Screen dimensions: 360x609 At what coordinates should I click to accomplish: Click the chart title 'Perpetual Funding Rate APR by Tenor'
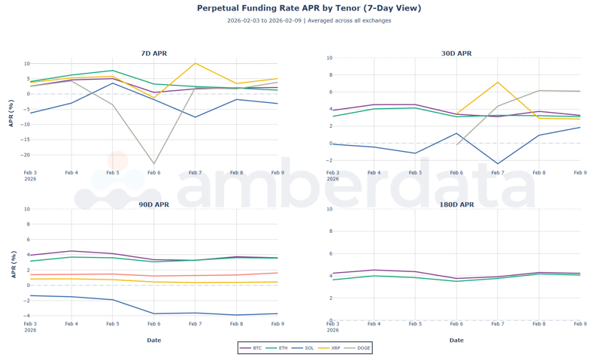click(308, 8)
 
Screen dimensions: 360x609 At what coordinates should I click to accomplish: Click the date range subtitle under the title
click(308, 21)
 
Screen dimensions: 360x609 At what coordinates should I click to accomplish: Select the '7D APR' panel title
click(154, 53)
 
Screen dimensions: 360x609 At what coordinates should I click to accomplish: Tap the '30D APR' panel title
click(456, 53)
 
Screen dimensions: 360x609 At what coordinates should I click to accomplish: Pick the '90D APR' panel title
click(154, 204)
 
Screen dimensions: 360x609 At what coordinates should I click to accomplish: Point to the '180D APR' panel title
click(456, 204)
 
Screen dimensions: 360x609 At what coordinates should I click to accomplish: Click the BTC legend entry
click(252, 348)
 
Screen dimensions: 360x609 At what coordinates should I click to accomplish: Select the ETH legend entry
click(278, 348)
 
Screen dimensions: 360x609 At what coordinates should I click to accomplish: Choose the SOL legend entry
click(304, 348)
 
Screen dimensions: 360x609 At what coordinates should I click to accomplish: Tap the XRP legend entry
click(330, 348)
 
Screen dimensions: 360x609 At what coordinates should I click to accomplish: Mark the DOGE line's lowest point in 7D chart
click(154, 164)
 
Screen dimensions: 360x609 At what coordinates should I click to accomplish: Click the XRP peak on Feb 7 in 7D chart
click(195, 63)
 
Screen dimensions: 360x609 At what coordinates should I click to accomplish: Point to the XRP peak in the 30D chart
click(498, 83)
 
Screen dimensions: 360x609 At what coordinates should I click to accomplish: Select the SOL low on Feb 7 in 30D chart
click(498, 164)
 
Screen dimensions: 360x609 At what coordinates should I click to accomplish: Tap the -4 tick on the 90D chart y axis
click(26, 316)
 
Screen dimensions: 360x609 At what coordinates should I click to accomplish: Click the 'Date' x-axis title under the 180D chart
click(456, 340)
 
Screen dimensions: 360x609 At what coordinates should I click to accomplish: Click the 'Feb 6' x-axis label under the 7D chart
click(154, 173)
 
